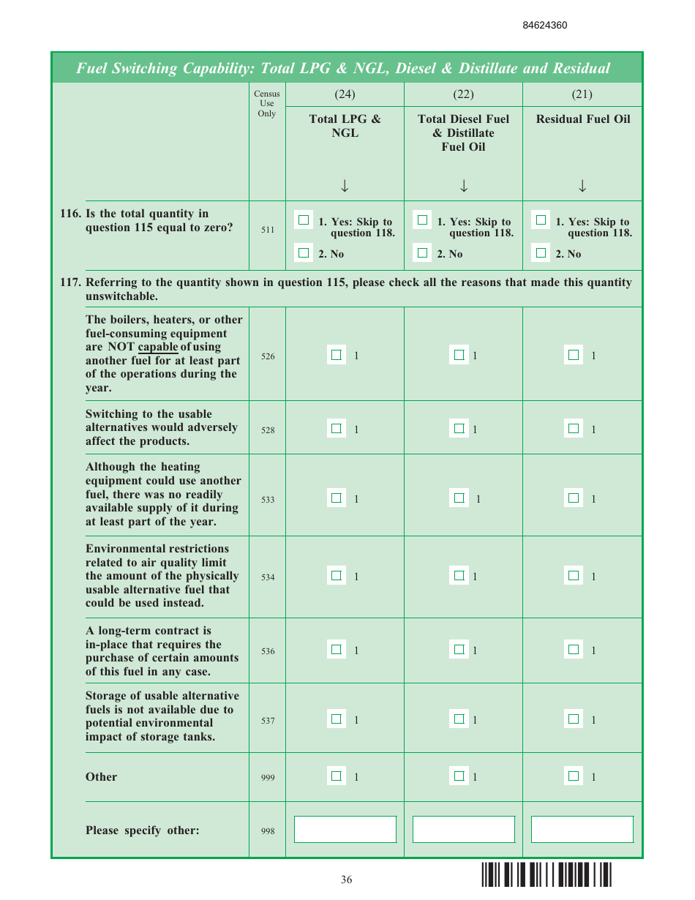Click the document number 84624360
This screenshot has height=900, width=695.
[x=544, y=26]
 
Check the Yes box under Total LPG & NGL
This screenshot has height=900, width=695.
[x=304, y=220]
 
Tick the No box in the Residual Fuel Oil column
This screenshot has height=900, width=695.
[x=541, y=253]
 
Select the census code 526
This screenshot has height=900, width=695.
[x=268, y=356]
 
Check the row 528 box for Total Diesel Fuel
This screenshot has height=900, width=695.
[x=459, y=428]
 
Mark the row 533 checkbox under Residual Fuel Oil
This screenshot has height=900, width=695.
[x=574, y=498]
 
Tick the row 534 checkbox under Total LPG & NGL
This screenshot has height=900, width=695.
[x=336, y=575]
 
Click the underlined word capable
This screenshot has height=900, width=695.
[x=158, y=347]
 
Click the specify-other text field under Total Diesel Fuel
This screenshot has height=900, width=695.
[x=463, y=829]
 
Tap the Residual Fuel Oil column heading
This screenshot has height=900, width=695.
[x=582, y=119]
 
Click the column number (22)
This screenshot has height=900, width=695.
[x=463, y=94]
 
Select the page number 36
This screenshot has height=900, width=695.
[x=346, y=880]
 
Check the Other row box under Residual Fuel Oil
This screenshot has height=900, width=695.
[x=574, y=776]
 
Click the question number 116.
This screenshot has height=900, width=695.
[x=69, y=214]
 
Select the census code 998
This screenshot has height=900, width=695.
[x=268, y=831]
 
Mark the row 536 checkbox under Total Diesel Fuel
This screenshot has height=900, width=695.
[x=459, y=649]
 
